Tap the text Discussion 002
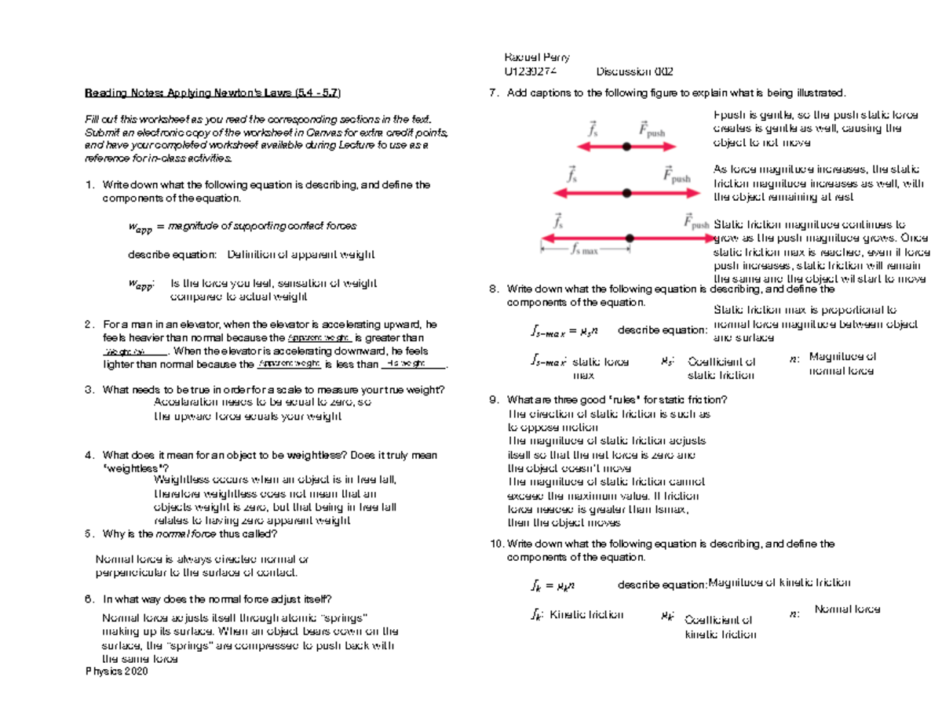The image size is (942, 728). point(634,71)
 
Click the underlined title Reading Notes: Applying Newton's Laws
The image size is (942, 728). point(212,94)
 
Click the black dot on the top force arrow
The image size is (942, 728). point(626,147)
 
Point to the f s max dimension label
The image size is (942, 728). point(584,251)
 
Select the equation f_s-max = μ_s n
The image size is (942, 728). point(564,330)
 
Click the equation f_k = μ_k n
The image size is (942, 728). point(553,584)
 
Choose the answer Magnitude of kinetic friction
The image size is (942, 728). point(780,582)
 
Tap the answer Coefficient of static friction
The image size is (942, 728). point(721,369)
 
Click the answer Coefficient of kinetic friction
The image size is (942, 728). point(720,626)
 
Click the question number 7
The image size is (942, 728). point(492,94)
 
